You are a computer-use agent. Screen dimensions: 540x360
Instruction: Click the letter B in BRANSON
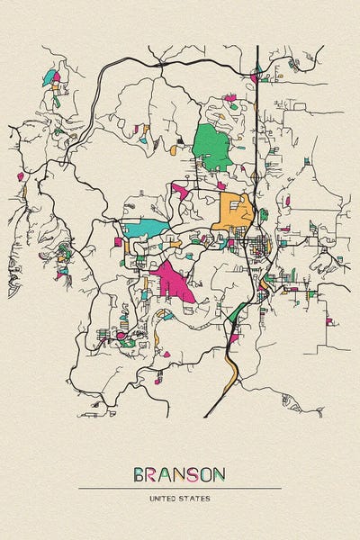[139, 474]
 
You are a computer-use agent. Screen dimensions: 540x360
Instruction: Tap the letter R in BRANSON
[154, 474]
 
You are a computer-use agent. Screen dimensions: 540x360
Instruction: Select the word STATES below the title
[196, 498]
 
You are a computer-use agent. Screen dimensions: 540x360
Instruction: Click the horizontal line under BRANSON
[180, 489]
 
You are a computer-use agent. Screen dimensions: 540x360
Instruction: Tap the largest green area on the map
[211, 147]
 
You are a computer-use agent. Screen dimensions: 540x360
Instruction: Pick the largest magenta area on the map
[173, 281]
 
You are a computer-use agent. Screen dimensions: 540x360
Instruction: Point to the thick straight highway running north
[257, 108]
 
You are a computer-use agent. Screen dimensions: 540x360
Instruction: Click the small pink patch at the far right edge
[329, 321]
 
